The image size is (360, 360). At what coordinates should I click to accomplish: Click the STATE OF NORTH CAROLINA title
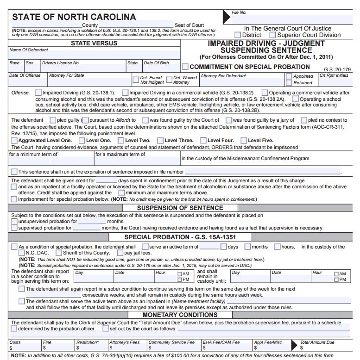point(74,17)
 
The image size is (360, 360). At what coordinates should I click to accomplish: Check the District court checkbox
point(238,35)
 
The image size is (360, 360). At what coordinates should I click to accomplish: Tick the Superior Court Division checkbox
point(273,35)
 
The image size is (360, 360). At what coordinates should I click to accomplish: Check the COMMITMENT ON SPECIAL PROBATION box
point(185,67)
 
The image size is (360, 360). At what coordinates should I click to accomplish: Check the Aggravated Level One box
point(14,140)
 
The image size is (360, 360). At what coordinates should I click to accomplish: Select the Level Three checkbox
point(160,140)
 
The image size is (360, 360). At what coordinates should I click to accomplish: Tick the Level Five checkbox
point(243,140)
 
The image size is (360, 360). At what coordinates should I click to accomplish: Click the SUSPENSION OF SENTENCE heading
point(180,208)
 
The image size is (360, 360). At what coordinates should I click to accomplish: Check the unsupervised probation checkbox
point(14,221)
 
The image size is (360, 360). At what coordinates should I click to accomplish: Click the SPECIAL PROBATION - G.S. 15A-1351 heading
point(180,237)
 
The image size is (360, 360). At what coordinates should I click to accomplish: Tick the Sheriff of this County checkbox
point(59,253)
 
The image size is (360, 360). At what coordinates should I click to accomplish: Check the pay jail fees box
point(120,253)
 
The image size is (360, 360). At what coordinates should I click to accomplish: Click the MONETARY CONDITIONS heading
point(180,315)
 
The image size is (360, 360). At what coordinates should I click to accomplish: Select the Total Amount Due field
point(324,348)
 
